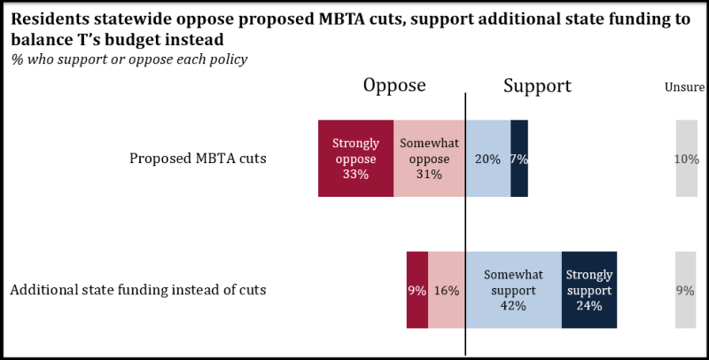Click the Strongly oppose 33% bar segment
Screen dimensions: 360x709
(x=355, y=158)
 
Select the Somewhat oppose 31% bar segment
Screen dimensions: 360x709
(x=429, y=158)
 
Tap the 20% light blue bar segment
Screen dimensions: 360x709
(x=487, y=158)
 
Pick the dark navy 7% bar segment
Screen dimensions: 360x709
(x=519, y=158)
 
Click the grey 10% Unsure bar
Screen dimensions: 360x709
(x=687, y=158)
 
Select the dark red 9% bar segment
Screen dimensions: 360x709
(x=417, y=290)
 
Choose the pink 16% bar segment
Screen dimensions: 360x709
(x=447, y=290)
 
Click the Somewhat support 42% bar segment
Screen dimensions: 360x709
(x=513, y=290)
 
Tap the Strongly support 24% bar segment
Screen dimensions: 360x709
(x=589, y=290)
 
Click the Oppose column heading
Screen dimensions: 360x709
(x=394, y=85)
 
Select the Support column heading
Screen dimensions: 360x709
(x=537, y=85)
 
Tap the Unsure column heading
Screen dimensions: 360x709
(x=684, y=87)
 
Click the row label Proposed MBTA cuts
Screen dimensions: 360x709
(x=198, y=159)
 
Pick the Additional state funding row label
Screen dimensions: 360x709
(x=137, y=290)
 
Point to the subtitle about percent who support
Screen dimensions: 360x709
(x=129, y=59)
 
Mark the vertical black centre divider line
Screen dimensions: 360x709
(x=465, y=222)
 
